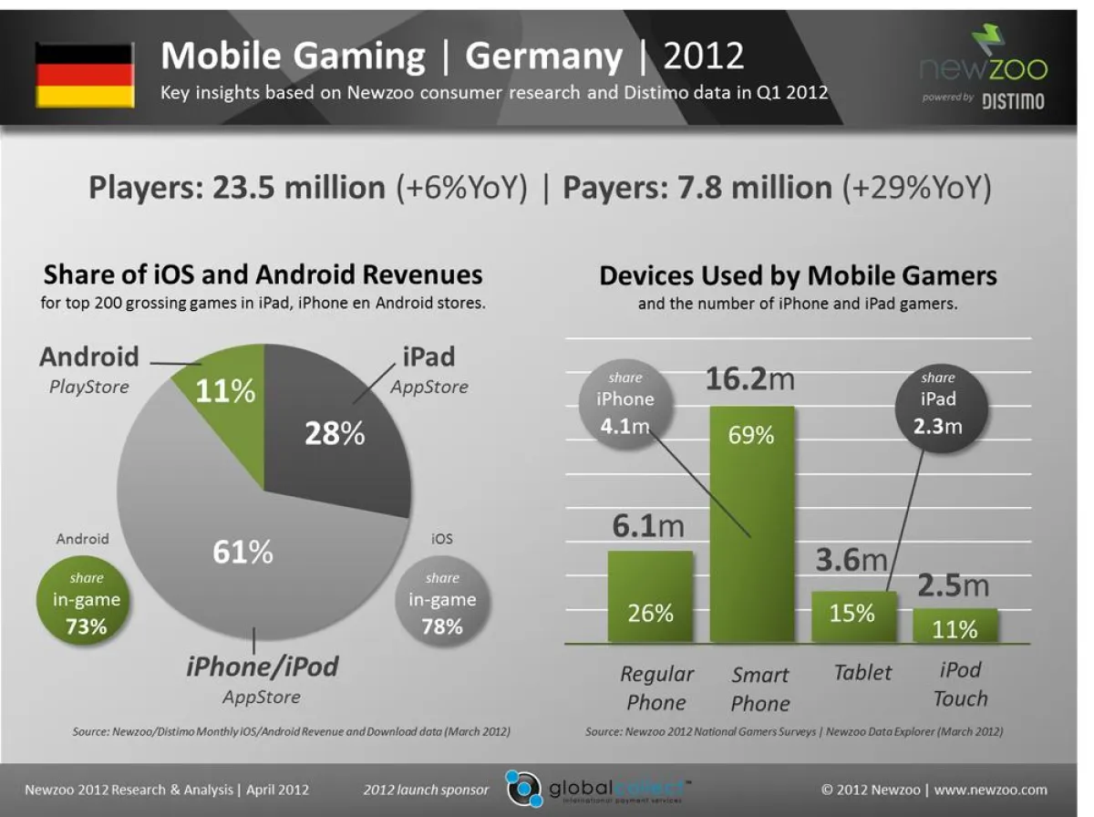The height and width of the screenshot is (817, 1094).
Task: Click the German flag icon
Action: (85, 75)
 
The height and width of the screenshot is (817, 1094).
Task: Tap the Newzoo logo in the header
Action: (982, 68)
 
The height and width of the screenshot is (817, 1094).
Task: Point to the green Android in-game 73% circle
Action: (86, 602)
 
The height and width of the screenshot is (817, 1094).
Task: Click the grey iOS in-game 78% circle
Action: (442, 602)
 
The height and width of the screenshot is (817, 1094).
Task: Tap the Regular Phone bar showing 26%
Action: (650, 597)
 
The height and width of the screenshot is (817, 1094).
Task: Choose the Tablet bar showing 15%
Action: (853, 617)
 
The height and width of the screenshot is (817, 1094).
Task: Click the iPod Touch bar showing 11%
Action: (955, 626)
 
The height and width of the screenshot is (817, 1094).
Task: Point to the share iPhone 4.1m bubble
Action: (625, 401)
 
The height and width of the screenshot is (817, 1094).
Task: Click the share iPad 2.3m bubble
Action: (938, 401)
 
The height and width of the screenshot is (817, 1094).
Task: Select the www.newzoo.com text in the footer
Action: (990, 790)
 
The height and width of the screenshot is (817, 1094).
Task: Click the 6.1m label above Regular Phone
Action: (648, 526)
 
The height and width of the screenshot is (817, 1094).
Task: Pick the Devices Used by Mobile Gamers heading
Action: (798, 275)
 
